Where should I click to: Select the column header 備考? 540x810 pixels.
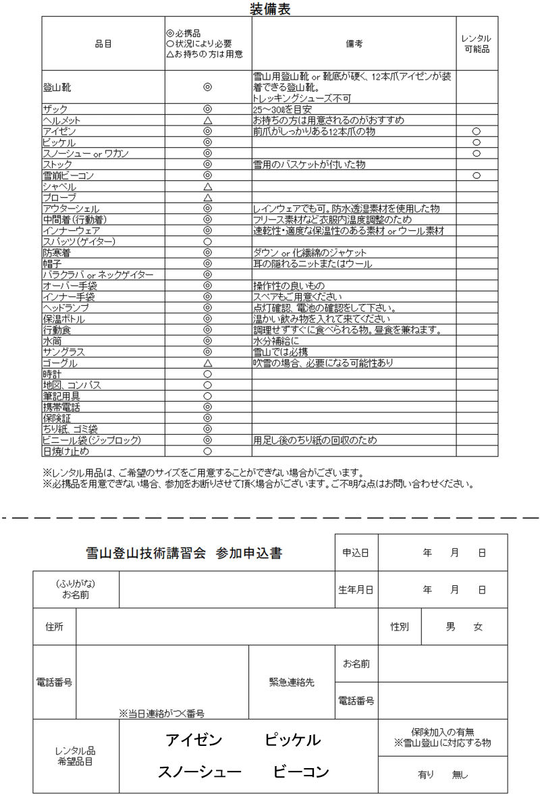pyautogui.click(x=354, y=44)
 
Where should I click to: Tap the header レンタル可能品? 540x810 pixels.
pyautogui.click(x=476, y=44)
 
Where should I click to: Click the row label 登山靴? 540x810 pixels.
pyautogui.click(x=57, y=87)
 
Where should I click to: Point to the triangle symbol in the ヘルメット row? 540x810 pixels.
pyautogui.click(x=208, y=120)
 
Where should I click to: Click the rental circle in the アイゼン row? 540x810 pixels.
pyautogui.click(x=477, y=131)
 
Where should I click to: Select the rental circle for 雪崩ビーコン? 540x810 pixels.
pyautogui.click(x=477, y=175)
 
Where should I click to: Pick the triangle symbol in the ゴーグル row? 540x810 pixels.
pyautogui.click(x=208, y=363)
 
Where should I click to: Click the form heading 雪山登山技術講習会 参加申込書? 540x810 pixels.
pyautogui.click(x=184, y=553)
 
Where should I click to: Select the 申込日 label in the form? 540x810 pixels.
pyautogui.click(x=356, y=553)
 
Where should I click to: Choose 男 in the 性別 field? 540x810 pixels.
pyautogui.click(x=450, y=627)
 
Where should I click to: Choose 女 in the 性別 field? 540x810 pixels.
pyautogui.click(x=478, y=627)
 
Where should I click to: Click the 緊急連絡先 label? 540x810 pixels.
pyautogui.click(x=292, y=682)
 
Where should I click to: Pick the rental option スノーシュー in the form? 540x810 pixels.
pyautogui.click(x=199, y=772)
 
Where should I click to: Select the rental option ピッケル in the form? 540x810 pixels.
pyautogui.click(x=292, y=740)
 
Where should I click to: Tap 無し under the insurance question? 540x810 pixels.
pyautogui.click(x=460, y=775)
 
